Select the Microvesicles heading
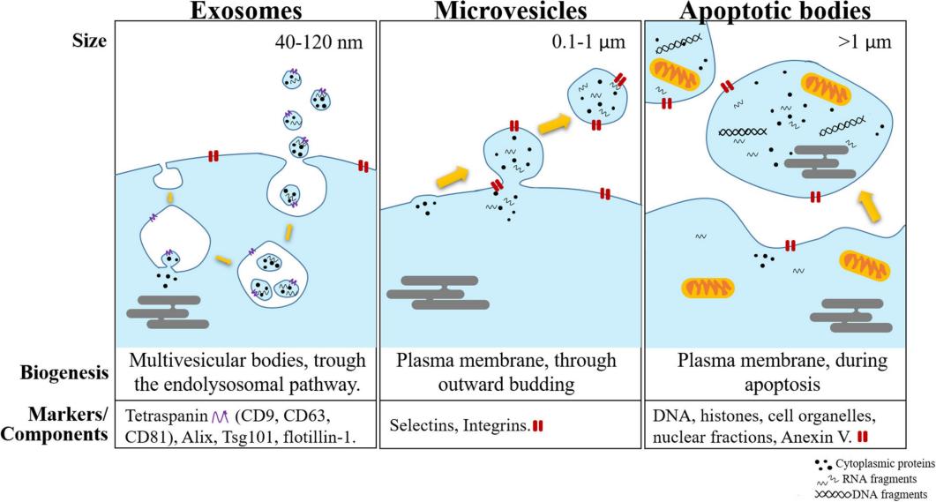(509, 11)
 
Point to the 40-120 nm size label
(316, 40)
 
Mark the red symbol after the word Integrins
(537, 426)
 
